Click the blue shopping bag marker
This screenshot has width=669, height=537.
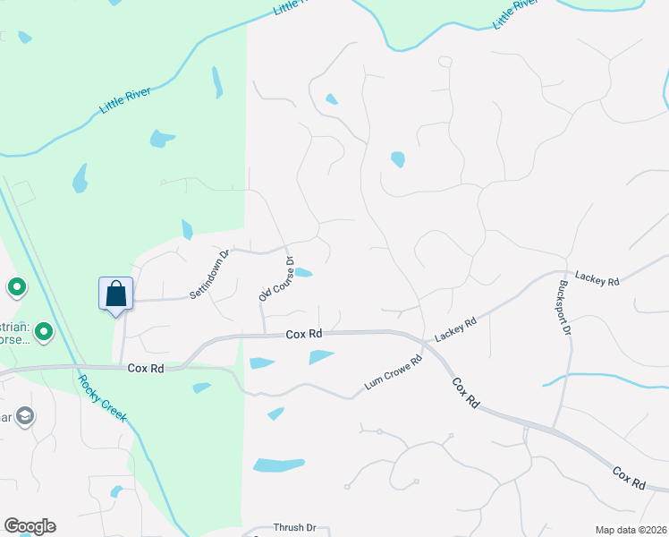point(116,294)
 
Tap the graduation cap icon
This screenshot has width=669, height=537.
point(25,416)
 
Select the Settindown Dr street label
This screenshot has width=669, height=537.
point(210,274)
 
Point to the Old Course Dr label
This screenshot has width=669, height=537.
point(276,279)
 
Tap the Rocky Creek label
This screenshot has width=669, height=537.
point(102,397)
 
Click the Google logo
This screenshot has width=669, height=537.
point(30,526)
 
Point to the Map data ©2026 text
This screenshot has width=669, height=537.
point(631,530)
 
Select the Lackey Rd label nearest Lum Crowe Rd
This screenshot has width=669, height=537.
point(455,330)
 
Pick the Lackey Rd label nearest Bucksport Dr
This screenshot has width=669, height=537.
point(597,280)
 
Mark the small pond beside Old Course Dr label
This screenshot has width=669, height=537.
point(303,273)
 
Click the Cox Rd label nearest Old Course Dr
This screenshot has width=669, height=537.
point(303,334)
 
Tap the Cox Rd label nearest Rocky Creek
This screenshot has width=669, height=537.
point(145,368)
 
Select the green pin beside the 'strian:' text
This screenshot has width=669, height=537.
point(41,334)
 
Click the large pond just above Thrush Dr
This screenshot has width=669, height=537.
point(279,465)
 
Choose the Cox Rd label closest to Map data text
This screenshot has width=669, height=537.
point(630,476)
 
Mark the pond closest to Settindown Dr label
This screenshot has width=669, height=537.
point(187,230)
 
